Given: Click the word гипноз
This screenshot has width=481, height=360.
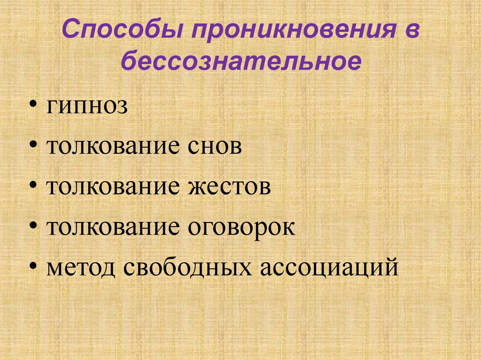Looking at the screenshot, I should point(87,107).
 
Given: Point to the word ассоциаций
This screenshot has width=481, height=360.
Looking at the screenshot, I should point(324,268).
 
